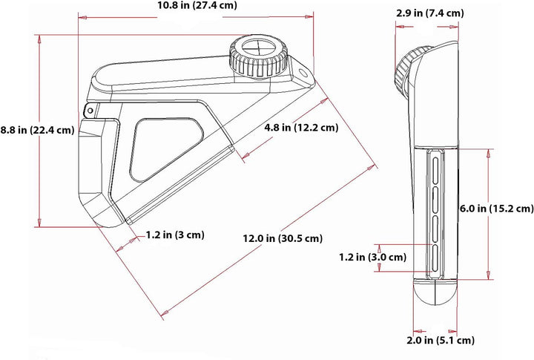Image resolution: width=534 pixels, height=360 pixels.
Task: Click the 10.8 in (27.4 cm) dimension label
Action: click(197, 5)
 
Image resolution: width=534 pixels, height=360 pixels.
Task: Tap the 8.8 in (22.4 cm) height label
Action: click(37, 130)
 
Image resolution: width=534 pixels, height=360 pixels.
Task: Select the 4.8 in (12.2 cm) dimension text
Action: click(301, 128)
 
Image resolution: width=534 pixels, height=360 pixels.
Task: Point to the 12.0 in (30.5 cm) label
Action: click(283, 238)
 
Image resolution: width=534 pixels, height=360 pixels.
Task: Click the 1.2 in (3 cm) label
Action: click(175, 235)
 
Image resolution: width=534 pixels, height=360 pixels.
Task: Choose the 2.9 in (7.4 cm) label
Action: click(429, 13)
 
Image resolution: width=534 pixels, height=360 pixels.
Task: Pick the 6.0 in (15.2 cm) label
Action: click(496, 209)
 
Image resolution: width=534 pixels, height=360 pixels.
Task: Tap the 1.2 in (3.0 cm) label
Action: click(372, 257)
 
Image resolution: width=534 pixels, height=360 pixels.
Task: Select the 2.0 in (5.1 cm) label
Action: click(441, 340)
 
